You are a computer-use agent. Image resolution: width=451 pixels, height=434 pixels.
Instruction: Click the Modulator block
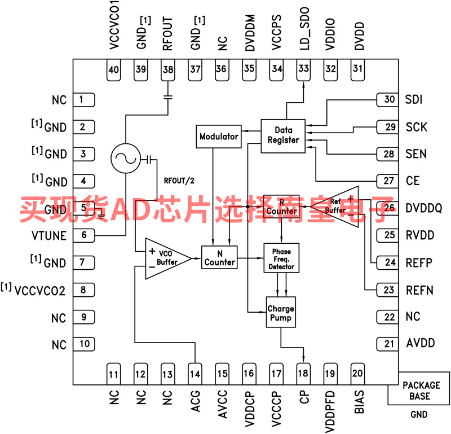tap(219, 137)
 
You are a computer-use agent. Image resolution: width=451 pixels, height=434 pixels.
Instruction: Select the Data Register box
tap(283, 135)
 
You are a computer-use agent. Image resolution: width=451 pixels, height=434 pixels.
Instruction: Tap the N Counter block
tap(219, 257)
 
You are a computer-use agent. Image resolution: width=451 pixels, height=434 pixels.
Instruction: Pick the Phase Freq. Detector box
tap(282, 258)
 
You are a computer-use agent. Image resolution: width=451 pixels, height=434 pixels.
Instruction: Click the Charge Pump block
tap(280, 313)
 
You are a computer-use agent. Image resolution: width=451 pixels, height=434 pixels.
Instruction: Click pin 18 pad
tap(304, 373)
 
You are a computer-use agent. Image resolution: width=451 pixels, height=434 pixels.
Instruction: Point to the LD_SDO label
tap(304, 34)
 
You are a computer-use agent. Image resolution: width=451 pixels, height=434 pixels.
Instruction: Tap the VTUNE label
tap(48, 236)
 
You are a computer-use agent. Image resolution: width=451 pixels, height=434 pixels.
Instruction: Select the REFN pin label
tap(419, 290)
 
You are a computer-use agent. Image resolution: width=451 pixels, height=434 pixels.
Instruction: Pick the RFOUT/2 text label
tap(179, 181)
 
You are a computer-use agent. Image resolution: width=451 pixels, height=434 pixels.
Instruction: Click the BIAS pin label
tap(359, 401)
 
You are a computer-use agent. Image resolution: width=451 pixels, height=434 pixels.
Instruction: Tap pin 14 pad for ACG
tap(195, 373)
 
